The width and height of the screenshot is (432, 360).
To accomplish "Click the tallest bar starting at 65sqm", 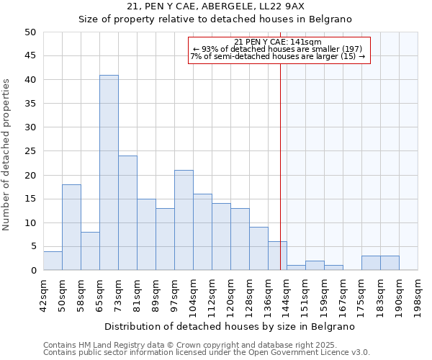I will pos(109,173).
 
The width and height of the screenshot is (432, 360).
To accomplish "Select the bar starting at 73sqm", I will pos(127,213).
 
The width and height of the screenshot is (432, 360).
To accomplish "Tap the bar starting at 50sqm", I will pos(71,228).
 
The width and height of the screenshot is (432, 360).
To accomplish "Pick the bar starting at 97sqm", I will pos(184,220).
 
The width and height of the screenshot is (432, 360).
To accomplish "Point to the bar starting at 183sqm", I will pos(371,263).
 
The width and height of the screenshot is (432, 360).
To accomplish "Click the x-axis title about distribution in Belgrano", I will pos(230,326).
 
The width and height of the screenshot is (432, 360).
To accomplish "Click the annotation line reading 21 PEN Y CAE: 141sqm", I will pos(278,42).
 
